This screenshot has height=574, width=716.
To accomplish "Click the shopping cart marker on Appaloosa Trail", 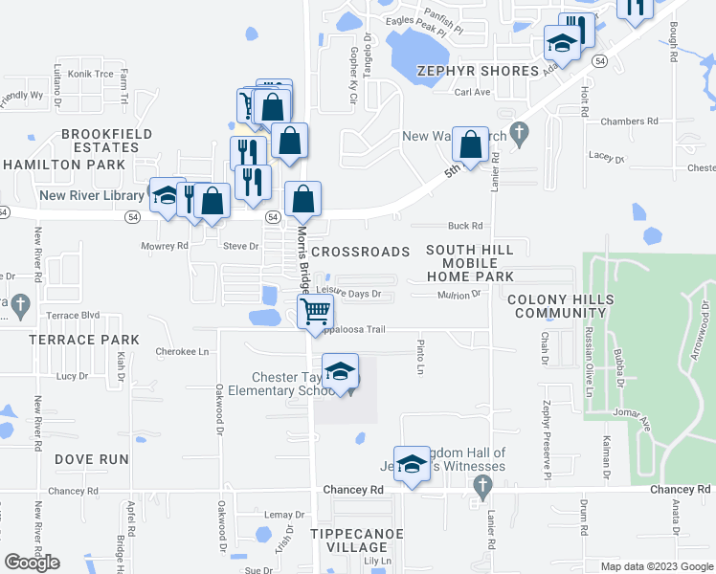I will pos(315,312).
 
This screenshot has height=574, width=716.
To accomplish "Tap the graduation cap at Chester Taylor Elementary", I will pos(340,371).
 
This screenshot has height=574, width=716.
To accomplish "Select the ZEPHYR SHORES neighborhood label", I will pos(479,71).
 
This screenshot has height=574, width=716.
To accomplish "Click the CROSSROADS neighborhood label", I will pos(360,251).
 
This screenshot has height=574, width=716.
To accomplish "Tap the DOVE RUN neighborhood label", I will pos(91,459).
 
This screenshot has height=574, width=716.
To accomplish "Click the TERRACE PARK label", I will pos(83,340).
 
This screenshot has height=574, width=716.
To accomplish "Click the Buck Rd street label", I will pos(465,227).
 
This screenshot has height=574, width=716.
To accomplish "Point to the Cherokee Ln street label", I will pos(182,352).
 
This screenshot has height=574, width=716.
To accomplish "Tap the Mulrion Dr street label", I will pos(459,295).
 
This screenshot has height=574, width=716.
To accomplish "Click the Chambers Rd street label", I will pos(629,121).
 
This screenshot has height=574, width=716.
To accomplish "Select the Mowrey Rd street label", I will pos(166,246).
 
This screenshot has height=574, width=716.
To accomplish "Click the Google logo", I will pos(33,562).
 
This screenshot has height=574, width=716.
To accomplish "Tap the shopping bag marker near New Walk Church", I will pos(470,146).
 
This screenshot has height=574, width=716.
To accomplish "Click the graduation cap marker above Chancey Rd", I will pos(412,464).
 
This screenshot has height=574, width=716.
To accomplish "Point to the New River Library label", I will pos(91,196).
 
